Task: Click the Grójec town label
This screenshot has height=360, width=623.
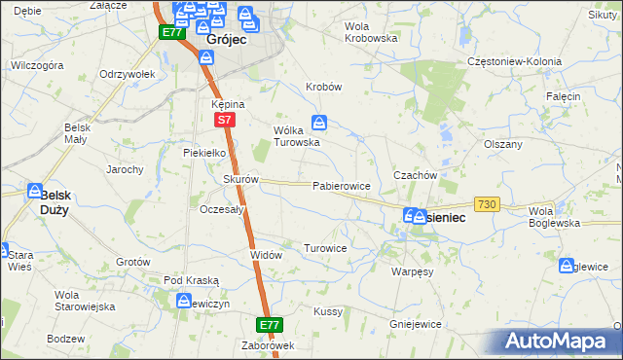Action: [x=226, y=41]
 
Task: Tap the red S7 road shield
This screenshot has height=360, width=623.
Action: [x=224, y=120]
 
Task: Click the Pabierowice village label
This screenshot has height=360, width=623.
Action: [x=341, y=185]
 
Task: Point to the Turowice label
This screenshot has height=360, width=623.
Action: [x=325, y=248]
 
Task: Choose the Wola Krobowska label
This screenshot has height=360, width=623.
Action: [x=372, y=32]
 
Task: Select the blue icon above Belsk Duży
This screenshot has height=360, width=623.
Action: [x=36, y=191]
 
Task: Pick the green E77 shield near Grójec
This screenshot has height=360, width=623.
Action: [x=172, y=32]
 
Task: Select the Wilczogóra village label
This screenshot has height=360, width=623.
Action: [x=37, y=66]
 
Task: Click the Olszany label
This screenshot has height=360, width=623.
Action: [x=503, y=143]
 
